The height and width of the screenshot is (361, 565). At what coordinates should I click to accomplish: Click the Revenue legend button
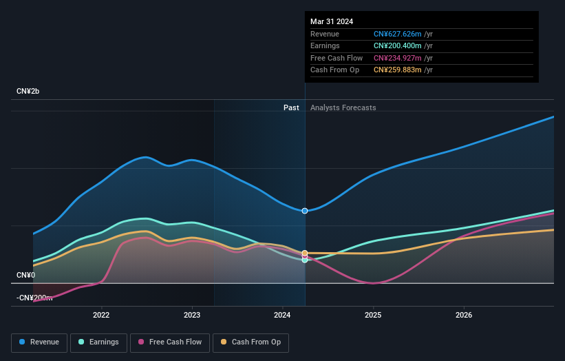pos(40,342)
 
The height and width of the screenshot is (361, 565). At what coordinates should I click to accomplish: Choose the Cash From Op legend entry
pos(250,342)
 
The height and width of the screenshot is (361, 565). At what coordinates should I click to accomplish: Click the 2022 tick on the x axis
pos(101,316)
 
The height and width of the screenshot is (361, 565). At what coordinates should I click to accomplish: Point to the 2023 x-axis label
pos(192,316)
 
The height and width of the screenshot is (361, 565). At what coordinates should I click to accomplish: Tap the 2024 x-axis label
pos(283,316)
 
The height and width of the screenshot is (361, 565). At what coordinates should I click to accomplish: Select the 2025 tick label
pos(373,316)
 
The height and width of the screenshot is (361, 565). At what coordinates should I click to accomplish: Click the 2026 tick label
pos(464,316)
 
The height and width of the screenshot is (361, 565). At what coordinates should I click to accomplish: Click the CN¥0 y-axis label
pos(26,275)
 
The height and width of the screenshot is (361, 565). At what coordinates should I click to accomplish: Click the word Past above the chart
pos(291,107)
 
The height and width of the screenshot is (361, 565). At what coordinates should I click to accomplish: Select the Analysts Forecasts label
pos(343,107)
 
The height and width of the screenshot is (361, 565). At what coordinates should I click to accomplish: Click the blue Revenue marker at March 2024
pos(305,211)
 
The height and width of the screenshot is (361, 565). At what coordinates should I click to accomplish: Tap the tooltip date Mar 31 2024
pos(332,21)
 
